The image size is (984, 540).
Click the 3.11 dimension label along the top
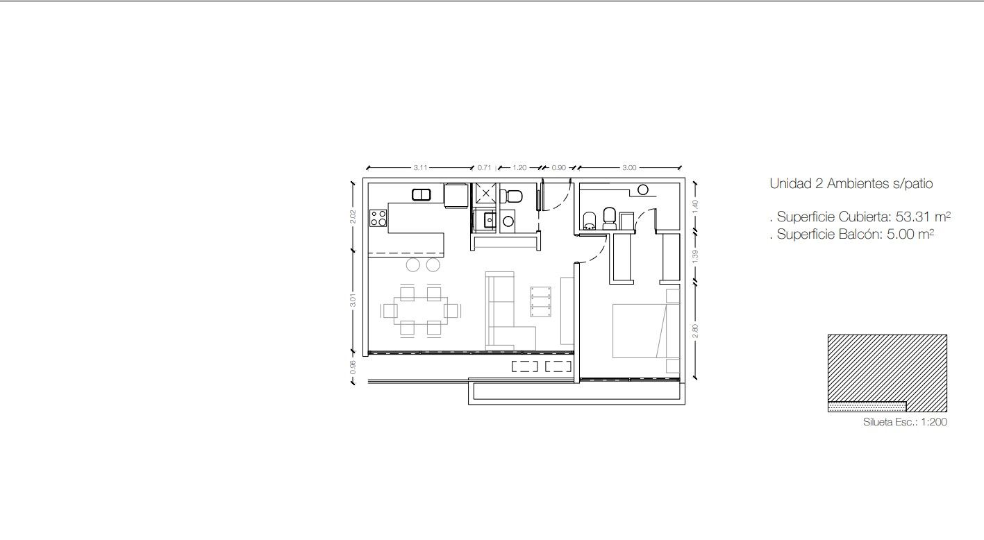point(420,168)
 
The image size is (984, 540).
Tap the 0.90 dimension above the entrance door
point(558,168)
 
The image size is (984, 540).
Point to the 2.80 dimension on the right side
point(695,331)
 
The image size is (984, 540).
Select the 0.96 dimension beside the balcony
point(352,367)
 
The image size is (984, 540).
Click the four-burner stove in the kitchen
point(378,218)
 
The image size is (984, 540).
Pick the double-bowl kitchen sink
point(422,194)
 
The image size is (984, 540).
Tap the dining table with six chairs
point(421,311)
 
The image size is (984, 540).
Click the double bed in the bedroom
point(646,330)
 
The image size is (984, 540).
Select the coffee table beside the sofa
point(541,302)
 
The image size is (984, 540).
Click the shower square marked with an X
point(485,193)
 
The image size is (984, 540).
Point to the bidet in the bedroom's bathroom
point(590,221)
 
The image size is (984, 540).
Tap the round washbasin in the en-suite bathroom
point(643,190)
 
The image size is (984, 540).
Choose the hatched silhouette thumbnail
point(887,373)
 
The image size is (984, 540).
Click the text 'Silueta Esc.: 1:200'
point(905,422)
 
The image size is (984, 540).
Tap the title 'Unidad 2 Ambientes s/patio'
point(851,183)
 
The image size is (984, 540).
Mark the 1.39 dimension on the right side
point(695,257)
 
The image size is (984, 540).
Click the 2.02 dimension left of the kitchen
point(352,217)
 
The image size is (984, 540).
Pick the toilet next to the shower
point(511,196)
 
